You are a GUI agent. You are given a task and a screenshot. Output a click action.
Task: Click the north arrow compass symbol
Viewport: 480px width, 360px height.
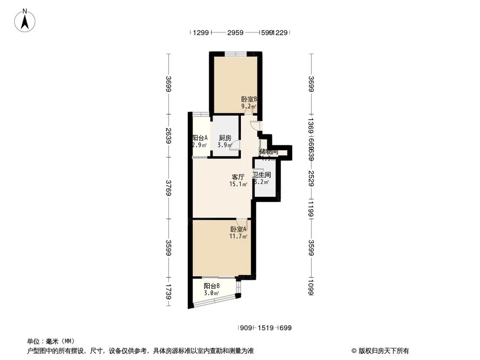[x=25, y=21]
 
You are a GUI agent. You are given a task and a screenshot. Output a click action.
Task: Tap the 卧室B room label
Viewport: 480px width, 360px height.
[x=249, y=100]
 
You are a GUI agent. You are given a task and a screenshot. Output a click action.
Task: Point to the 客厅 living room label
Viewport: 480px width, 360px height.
[x=239, y=177]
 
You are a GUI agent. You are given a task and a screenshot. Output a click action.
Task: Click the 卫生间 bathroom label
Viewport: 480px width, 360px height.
[x=262, y=175]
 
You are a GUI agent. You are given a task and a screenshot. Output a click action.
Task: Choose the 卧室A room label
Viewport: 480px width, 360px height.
[x=238, y=229]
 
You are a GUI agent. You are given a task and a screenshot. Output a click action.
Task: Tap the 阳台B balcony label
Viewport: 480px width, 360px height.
[x=212, y=286]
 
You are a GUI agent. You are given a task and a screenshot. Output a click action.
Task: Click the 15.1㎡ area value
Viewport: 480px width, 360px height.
[x=239, y=184]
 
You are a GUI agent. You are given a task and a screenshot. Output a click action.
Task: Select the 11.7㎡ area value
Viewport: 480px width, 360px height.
[x=238, y=237]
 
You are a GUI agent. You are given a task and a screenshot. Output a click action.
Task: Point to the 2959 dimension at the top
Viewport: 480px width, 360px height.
[x=235, y=33]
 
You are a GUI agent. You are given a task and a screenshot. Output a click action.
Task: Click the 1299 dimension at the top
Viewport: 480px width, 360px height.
[x=202, y=33]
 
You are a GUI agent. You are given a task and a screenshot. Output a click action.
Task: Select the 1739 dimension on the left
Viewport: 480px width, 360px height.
[x=168, y=290]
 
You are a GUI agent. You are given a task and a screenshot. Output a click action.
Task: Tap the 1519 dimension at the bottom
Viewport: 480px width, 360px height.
[x=265, y=328]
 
